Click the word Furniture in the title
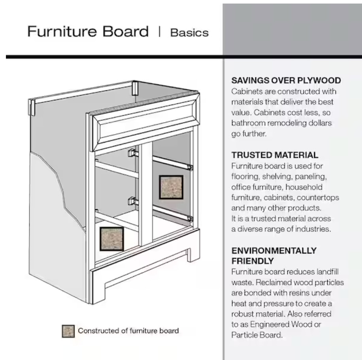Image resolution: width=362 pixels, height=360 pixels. click(x=62, y=31)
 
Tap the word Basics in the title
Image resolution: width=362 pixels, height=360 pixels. click(x=189, y=33)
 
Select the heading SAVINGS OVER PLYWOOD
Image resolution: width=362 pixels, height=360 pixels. click(x=286, y=80)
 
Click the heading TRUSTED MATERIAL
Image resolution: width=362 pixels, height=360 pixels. click(x=275, y=155)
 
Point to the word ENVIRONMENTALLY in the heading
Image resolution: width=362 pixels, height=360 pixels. click(x=274, y=251)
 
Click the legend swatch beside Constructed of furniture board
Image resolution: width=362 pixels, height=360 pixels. click(x=68, y=331)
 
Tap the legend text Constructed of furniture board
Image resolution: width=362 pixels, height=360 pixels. click(x=128, y=331)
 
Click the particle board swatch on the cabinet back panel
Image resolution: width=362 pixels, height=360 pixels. click(x=171, y=187)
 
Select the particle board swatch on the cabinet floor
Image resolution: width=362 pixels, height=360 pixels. click(x=112, y=239)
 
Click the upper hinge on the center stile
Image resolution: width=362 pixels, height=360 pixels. click(x=133, y=153)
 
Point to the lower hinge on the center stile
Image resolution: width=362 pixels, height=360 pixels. click(x=133, y=201)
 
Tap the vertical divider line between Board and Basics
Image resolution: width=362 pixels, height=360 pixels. click(x=159, y=32)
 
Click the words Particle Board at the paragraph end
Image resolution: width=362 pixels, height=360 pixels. click(x=257, y=335)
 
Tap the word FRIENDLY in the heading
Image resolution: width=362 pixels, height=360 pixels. click(x=253, y=261)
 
